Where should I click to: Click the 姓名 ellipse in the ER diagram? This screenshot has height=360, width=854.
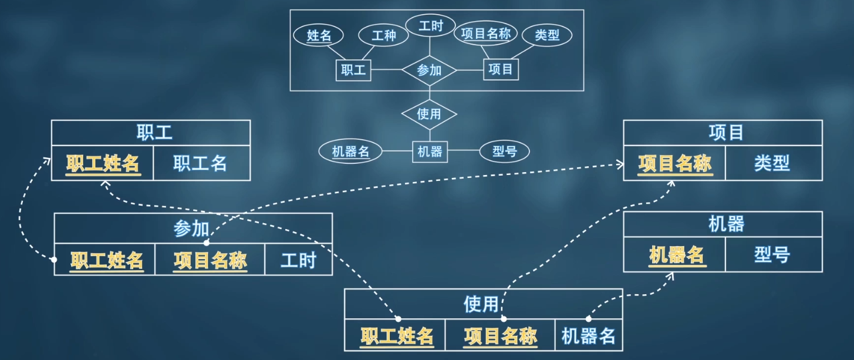point(319,35)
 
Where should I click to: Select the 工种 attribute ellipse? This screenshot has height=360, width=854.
point(384,35)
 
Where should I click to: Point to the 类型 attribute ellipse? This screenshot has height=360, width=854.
point(546,35)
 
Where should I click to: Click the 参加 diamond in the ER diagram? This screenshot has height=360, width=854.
point(429,70)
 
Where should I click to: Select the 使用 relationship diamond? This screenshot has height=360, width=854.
point(429,114)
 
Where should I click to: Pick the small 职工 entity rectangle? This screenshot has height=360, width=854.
point(353,70)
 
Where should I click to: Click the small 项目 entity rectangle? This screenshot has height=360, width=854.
point(501,70)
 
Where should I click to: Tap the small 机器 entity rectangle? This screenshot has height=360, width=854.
point(430,152)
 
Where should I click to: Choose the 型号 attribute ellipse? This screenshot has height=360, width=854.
point(504,152)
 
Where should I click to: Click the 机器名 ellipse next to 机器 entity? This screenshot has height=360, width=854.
point(350,152)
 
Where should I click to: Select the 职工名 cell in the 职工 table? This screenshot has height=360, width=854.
point(200,163)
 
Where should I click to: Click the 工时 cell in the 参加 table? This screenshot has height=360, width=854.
point(298,260)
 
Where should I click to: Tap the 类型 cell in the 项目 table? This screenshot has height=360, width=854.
point(772,163)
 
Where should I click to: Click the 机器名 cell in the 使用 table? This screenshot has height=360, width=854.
point(588,337)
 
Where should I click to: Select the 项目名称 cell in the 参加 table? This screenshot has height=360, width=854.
point(210,260)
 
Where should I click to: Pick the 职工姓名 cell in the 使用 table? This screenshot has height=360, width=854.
point(397,337)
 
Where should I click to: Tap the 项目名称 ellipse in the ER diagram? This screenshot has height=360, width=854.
point(486,33)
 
